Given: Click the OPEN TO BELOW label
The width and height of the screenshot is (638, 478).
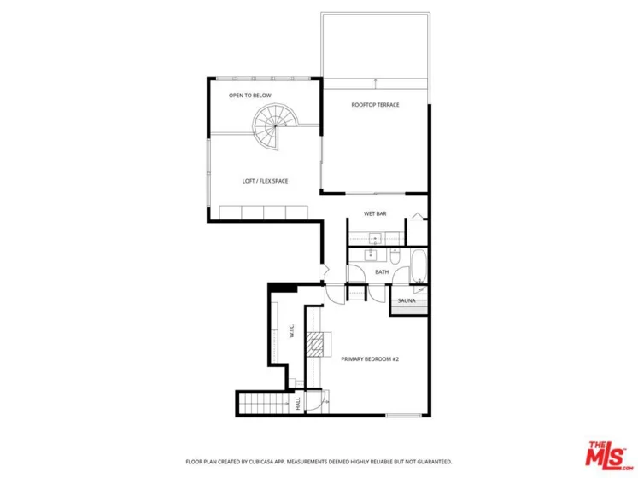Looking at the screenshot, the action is [x=250, y=96].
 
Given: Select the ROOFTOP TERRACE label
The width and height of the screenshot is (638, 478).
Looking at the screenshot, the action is [x=375, y=105].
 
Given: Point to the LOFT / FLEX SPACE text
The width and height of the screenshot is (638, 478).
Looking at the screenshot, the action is [x=265, y=181].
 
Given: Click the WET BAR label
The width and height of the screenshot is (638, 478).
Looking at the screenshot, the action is [x=375, y=213].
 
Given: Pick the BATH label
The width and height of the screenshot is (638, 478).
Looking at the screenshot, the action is [x=382, y=271].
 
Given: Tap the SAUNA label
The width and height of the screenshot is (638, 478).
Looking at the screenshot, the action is [x=407, y=300].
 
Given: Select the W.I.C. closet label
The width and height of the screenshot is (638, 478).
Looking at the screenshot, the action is [x=292, y=330].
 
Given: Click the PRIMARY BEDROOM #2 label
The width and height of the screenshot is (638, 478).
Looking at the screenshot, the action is [x=370, y=359].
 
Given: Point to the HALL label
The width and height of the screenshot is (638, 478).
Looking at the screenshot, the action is [x=298, y=404].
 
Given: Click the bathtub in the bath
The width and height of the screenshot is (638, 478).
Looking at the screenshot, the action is [x=419, y=266].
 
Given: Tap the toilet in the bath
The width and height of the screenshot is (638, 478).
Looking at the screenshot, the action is [x=395, y=256].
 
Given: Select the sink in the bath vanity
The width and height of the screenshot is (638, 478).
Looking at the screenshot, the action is [x=371, y=255].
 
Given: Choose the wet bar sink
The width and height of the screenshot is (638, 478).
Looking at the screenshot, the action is [x=374, y=238].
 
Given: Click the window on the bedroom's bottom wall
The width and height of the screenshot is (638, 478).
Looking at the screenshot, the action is [x=404, y=416].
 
